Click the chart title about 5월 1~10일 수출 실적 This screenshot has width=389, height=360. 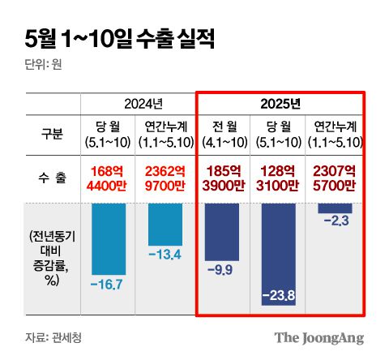[119, 38]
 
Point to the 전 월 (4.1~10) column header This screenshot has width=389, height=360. [223, 134]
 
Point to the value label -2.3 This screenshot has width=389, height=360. [333, 220]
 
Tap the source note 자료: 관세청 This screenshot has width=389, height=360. [53, 336]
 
